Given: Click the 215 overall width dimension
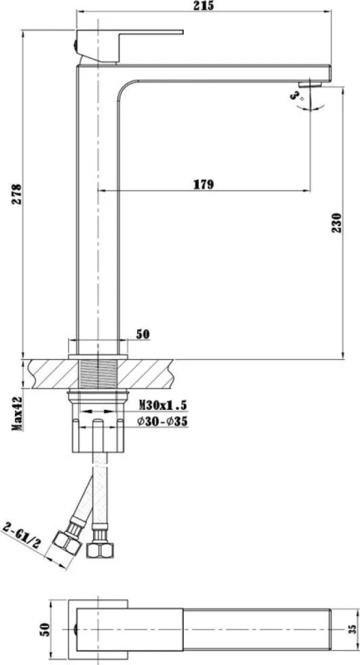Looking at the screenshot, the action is (x=203, y=5).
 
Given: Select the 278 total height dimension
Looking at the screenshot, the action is (x=16, y=194).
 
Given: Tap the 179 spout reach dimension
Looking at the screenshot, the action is (x=204, y=184).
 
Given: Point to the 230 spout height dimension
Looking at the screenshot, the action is (x=336, y=223).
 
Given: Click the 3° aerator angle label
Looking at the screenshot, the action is (x=296, y=95).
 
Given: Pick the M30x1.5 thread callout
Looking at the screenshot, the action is (x=163, y=405).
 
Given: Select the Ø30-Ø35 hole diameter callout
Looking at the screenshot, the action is (x=163, y=422).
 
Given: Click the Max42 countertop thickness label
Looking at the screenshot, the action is (x=17, y=414).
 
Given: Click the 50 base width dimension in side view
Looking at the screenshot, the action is (x=143, y=334).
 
